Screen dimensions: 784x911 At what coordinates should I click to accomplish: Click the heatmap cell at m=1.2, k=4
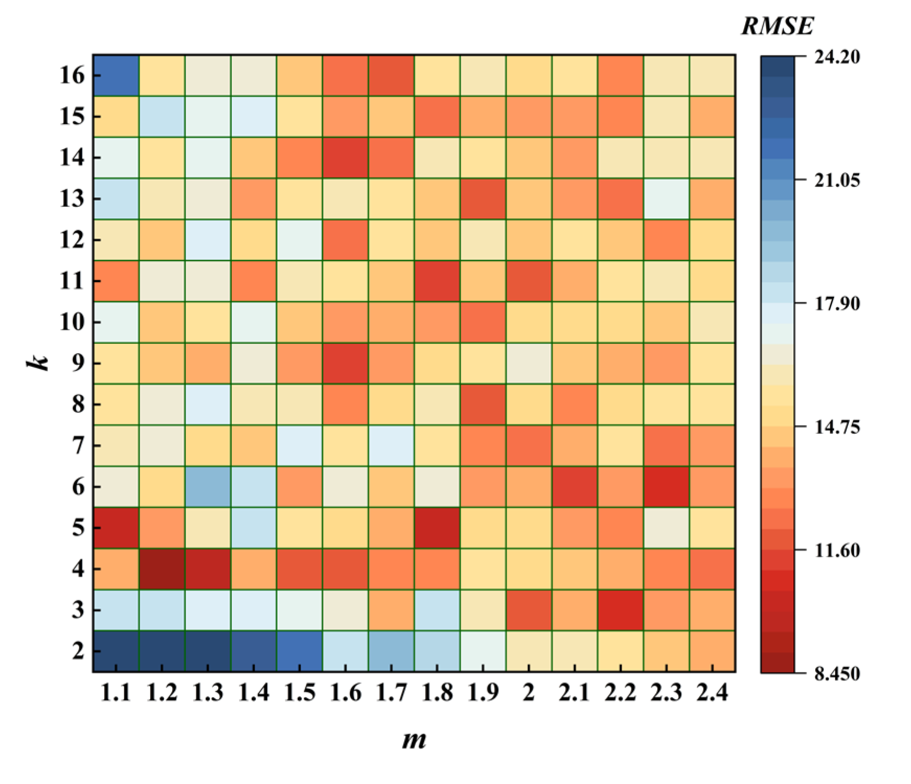[x=162, y=568]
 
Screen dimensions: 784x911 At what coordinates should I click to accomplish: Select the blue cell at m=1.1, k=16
[x=116, y=75]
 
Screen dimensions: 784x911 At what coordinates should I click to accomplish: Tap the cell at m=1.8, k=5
[x=437, y=528]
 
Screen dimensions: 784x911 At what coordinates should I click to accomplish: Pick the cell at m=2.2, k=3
[x=620, y=610]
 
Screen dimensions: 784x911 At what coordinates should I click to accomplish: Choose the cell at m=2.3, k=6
[x=666, y=486]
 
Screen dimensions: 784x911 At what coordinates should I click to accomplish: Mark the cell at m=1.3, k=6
[x=208, y=486]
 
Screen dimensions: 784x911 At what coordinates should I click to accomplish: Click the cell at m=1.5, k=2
[x=299, y=651]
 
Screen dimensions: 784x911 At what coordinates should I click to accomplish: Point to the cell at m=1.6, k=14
[x=345, y=157]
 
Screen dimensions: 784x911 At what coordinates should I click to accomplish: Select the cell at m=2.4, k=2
[x=712, y=651]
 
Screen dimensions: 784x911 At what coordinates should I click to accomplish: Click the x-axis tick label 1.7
[x=391, y=693]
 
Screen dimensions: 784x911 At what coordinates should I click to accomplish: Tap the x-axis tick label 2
[x=528, y=693]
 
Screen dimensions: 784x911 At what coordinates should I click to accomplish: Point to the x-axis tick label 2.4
[x=712, y=693]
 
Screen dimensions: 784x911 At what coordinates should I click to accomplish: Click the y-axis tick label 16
[x=72, y=75]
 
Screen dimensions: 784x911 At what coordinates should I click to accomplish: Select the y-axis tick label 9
[x=78, y=363]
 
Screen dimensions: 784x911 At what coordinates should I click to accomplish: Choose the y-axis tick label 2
[x=78, y=651]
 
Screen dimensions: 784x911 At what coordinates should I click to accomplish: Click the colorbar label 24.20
[x=837, y=57]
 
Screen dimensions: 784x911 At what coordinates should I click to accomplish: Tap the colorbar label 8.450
[x=837, y=673]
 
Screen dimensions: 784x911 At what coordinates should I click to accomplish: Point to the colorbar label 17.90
[x=837, y=304]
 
